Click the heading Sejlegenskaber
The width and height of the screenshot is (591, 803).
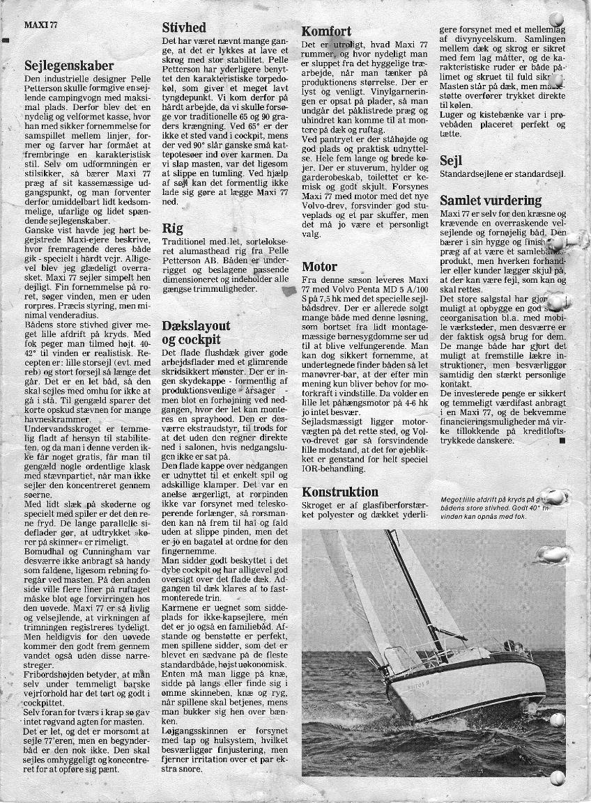point(68,66)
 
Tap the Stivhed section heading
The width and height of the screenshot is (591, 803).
point(184,28)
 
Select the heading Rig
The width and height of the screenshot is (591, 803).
point(172,228)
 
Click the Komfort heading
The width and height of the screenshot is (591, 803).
point(326,31)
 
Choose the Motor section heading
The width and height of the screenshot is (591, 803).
point(320,266)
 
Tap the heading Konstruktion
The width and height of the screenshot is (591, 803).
point(340,492)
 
